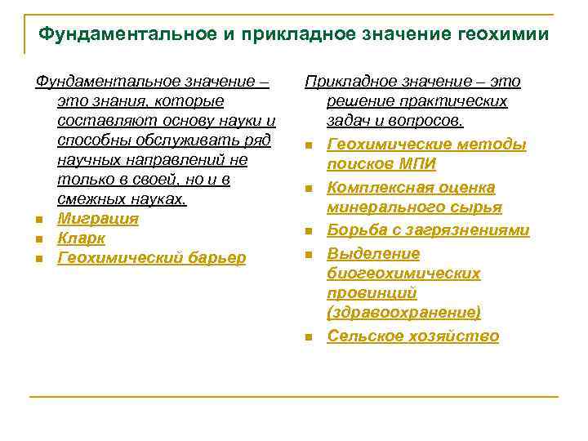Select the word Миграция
click(x=98, y=219)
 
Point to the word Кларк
click(x=81, y=238)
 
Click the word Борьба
click(x=355, y=230)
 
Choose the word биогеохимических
click(x=403, y=273)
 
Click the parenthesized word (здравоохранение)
click(x=403, y=312)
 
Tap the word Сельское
click(x=365, y=336)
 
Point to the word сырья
click(x=479, y=207)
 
